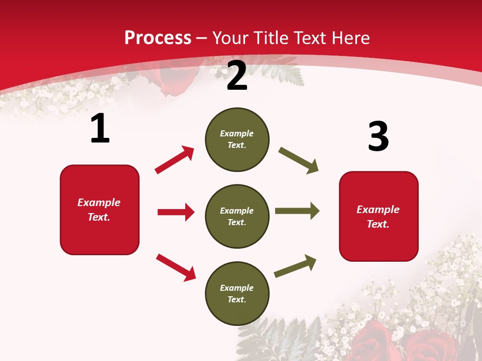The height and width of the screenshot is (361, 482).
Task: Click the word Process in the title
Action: (x=158, y=38)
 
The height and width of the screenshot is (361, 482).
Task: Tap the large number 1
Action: (x=100, y=129)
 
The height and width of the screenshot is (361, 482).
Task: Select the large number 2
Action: (x=237, y=76)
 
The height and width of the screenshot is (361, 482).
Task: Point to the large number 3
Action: (x=378, y=136)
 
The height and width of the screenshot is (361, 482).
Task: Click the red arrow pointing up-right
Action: (x=174, y=159)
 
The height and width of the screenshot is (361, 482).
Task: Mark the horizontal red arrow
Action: (x=176, y=212)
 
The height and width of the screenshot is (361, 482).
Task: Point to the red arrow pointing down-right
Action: (x=176, y=267)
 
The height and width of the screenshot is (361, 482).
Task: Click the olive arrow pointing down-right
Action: (x=298, y=160)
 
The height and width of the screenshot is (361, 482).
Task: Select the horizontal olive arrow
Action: (x=297, y=211)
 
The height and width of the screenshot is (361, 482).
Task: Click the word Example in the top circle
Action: (x=237, y=133)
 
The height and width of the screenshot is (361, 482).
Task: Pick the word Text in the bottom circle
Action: (x=236, y=299)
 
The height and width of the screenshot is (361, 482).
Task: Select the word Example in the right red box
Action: (x=378, y=210)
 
